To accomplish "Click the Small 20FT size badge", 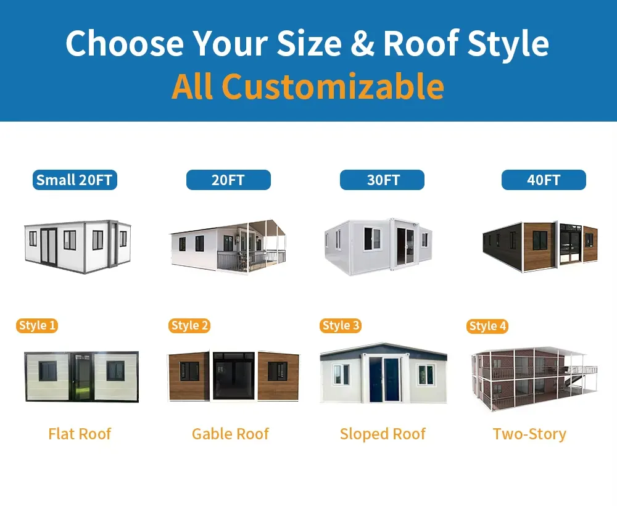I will pos(75,180).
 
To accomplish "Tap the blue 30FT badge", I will pos(382,180).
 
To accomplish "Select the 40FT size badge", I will pos(544,180).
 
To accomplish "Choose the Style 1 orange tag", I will pos(37,326).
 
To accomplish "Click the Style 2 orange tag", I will pos(190,326).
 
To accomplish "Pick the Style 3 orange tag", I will pos(341,326).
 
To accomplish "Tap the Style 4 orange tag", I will pos(487,326).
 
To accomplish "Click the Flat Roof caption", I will pos(80,434).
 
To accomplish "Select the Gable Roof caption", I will pos(230,434).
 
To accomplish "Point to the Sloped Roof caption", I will pos(383,434).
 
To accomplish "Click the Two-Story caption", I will pos(529,434).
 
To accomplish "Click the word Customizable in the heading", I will pos(333,86).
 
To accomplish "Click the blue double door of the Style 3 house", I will pos(383,379).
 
